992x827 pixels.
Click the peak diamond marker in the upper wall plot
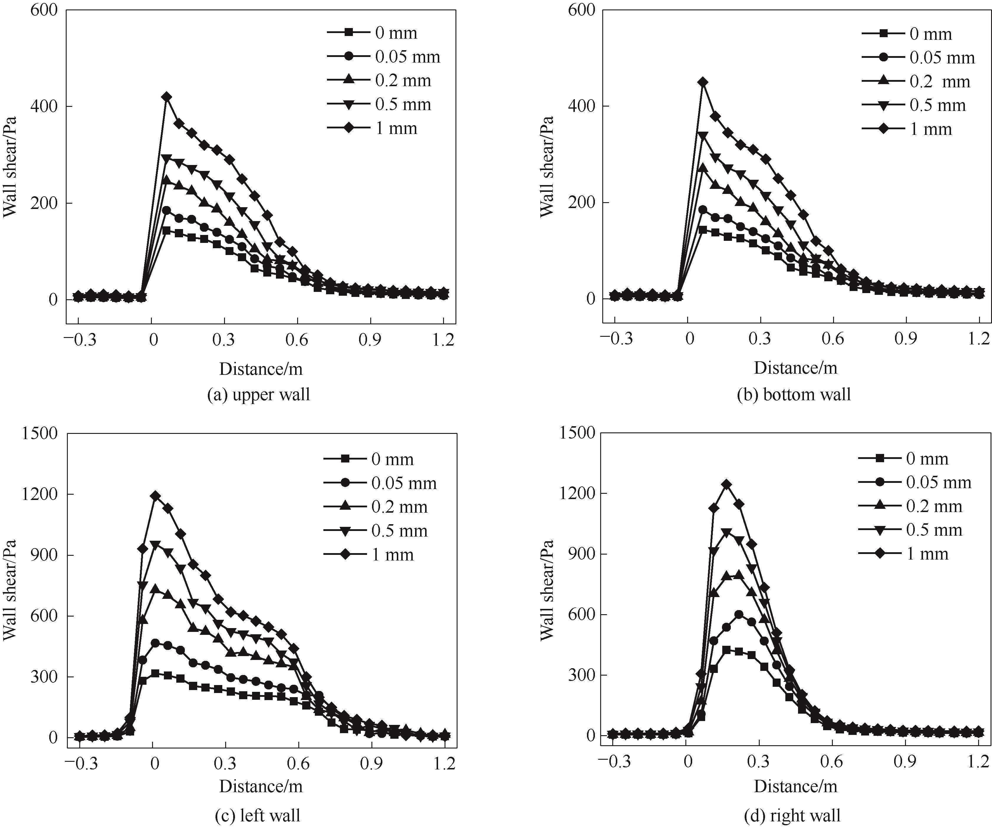click(x=166, y=97)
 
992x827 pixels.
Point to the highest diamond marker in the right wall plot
click(x=726, y=484)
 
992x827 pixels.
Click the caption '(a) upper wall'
click(x=259, y=394)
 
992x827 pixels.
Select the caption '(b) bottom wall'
click(x=794, y=394)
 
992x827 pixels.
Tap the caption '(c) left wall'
click(x=257, y=815)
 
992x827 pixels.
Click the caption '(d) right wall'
click(x=792, y=815)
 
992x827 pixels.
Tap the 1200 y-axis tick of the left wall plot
click(x=40, y=494)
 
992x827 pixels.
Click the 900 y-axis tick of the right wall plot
click(x=579, y=554)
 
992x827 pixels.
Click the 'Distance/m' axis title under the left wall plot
click(x=261, y=786)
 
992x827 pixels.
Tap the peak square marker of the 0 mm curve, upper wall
click(x=166, y=231)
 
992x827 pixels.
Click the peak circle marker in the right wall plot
click(x=739, y=615)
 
